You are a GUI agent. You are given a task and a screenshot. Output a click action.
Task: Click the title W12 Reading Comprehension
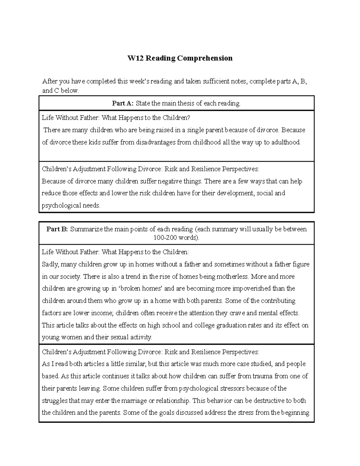(x=180, y=58)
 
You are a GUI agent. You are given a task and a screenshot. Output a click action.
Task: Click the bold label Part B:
(x=57, y=229)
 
